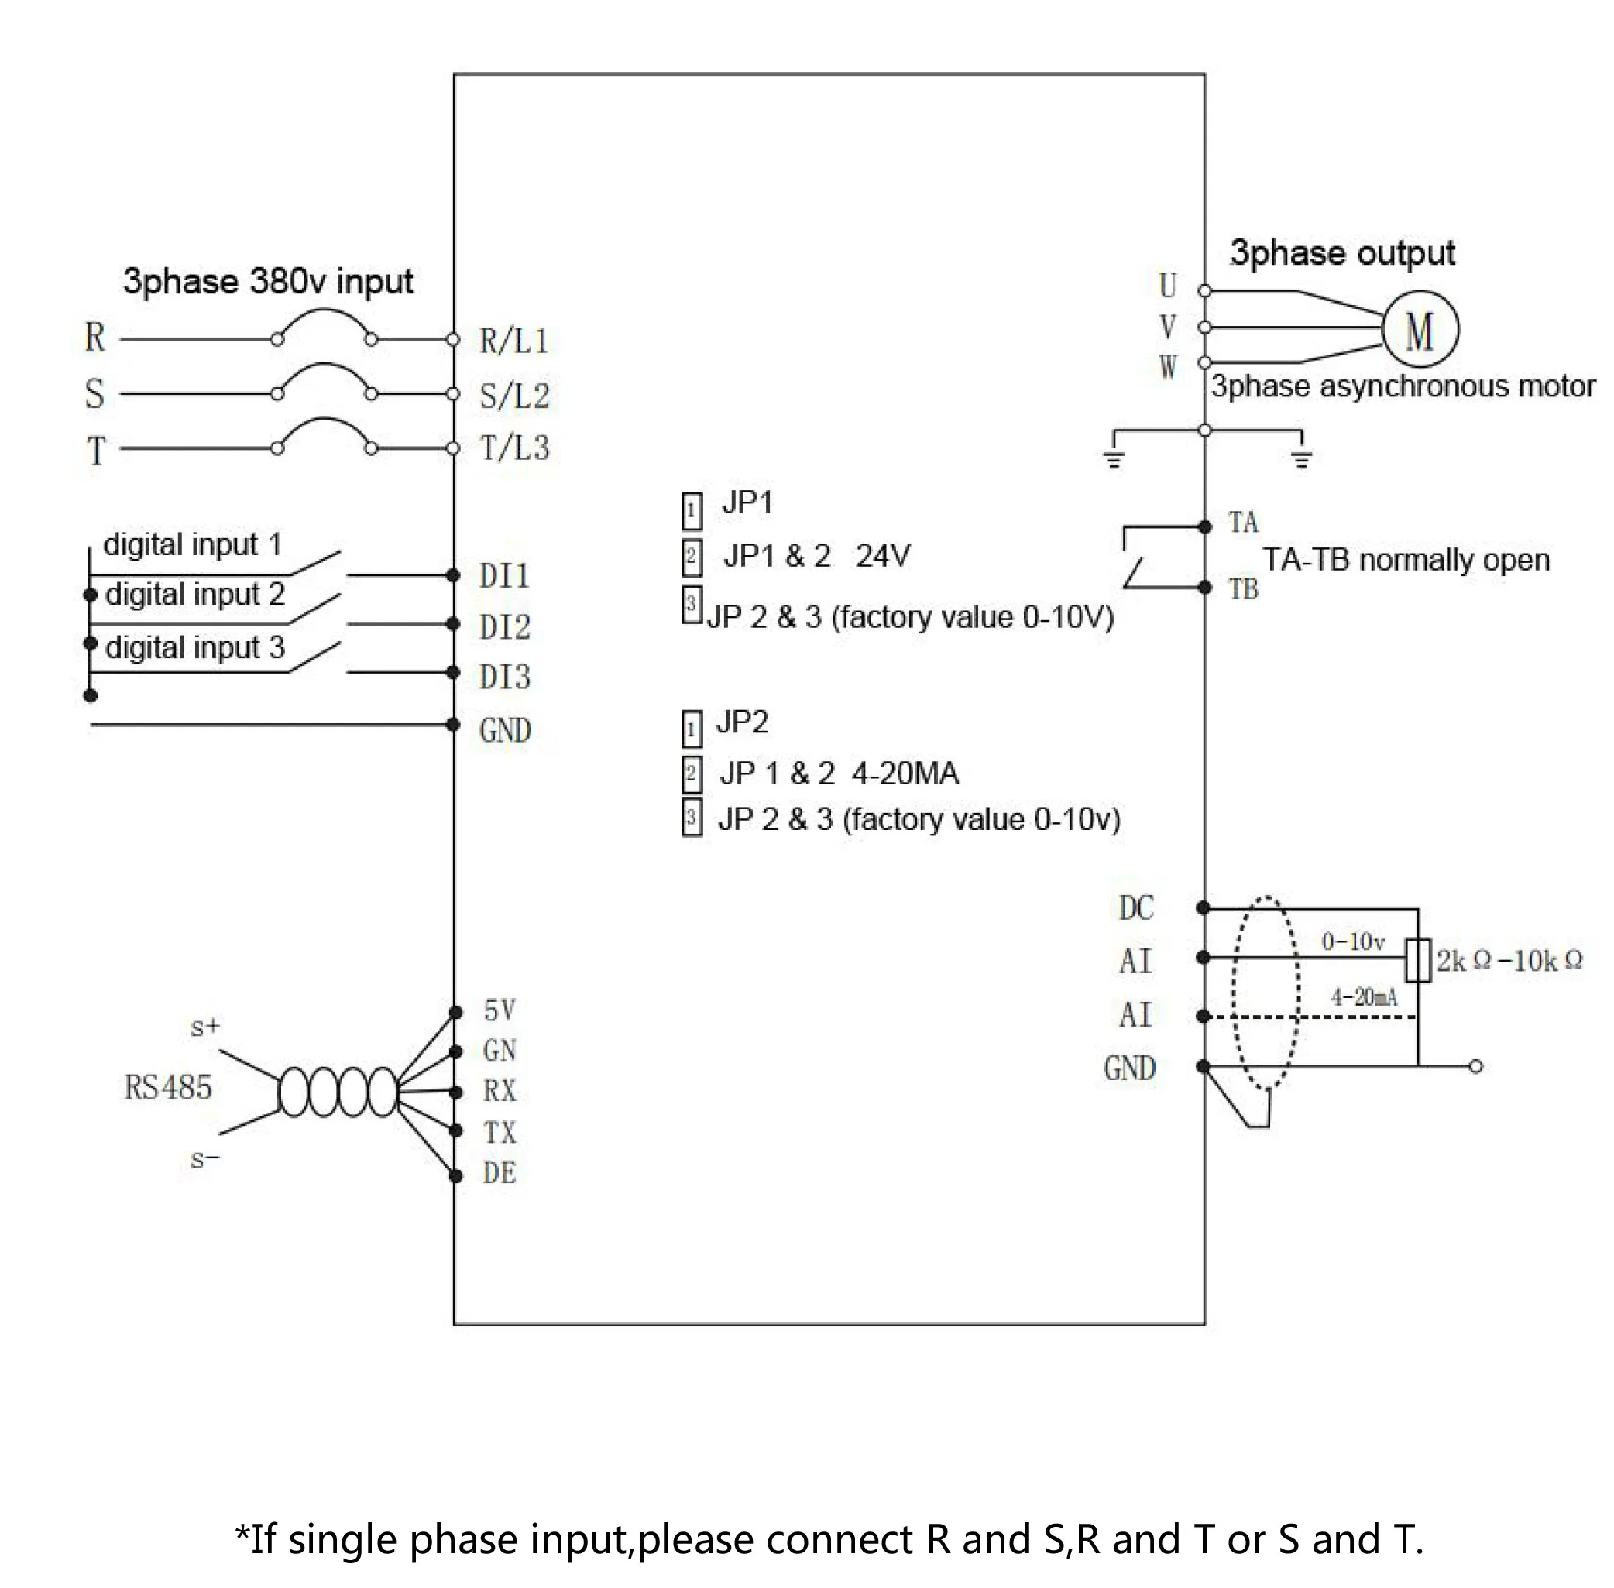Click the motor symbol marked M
[1420, 328]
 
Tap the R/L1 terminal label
[513, 341]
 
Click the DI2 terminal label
[505, 627]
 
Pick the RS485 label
[167, 1088]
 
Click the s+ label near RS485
[205, 1027]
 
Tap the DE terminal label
[500, 1174]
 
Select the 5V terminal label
[500, 1011]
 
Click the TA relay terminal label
[1243, 523]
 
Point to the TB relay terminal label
[1243, 590]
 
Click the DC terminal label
[1136, 908]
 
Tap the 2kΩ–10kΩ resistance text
[1509, 961]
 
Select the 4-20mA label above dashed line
[1364, 996]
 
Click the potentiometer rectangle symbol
[1418, 960]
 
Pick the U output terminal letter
[1168, 286]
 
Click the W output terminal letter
[1168, 366]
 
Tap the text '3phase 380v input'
[268, 282]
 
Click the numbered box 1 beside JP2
[692, 729]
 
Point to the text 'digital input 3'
[195, 648]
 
